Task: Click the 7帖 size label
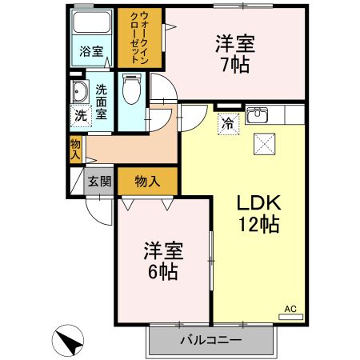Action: pos(234,63)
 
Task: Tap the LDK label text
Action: pos(258,203)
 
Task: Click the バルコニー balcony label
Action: pos(210,340)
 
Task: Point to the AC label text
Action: pos(291,308)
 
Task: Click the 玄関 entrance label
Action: pos(100,181)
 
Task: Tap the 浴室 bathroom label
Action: pos(90,53)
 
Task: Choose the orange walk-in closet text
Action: pos(138,38)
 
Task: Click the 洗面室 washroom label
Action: pos(102,102)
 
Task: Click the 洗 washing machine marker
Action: pos(80,115)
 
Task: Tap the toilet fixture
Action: pos(132,90)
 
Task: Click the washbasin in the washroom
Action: pos(79,90)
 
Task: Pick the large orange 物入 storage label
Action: pos(146,181)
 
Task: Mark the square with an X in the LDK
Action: pos(264,144)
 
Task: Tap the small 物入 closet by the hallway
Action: pos(75,150)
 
